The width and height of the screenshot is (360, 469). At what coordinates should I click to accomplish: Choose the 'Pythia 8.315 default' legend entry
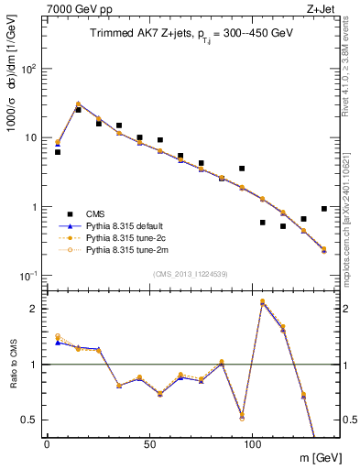pos(128,224)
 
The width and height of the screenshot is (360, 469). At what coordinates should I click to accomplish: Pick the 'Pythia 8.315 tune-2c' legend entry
pos(128,236)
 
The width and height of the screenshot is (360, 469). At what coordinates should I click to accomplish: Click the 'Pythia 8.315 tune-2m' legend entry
pos(128,248)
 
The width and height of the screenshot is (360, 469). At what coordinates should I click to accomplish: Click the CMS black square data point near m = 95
pos(242,169)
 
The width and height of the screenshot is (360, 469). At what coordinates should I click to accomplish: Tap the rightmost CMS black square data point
pos(324,209)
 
